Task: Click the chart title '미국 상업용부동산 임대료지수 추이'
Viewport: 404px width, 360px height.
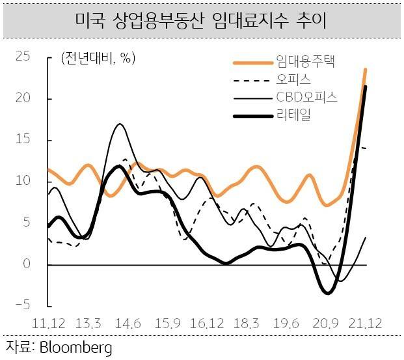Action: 201,21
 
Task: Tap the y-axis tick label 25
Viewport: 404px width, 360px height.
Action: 24,57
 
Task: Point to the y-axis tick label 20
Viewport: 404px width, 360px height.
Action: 24,98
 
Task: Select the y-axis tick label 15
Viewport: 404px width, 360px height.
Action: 24,140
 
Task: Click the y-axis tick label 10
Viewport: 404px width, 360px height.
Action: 24,181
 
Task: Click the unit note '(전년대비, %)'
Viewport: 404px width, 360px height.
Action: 98,58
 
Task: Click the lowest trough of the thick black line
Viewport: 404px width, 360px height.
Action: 327,292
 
